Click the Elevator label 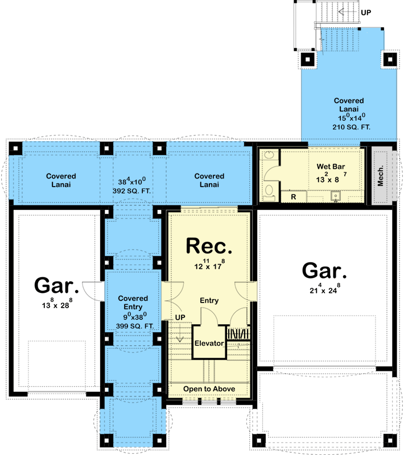point(209,344)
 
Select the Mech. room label point(381,176)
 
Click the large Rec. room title point(209,246)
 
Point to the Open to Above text point(209,389)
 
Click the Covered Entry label point(133,303)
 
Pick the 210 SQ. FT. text point(351,127)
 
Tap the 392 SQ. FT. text point(132,191)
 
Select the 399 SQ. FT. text point(133,326)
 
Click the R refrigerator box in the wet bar point(294,196)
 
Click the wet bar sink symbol point(336,196)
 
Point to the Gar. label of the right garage point(324,271)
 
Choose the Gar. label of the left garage point(56,284)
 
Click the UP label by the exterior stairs point(366,11)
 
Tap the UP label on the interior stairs point(180,316)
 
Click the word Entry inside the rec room point(209,300)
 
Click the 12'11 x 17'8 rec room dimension point(209,264)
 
